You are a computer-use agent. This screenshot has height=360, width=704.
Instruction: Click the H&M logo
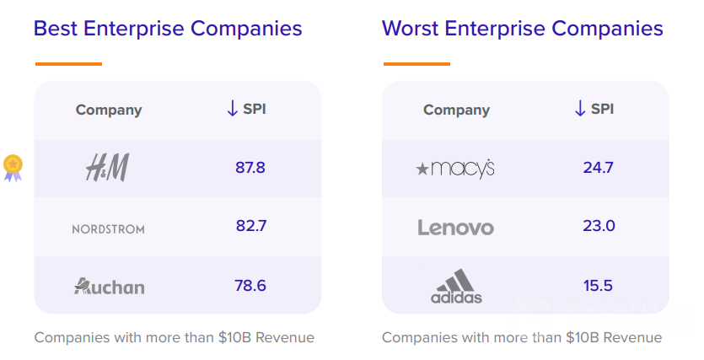[x=107, y=168]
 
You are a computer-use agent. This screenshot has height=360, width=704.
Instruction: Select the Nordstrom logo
[x=108, y=229]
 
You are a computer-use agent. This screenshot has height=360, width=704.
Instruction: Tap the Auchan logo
[x=109, y=286]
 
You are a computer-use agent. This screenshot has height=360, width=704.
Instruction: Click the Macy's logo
[x=455, y=169]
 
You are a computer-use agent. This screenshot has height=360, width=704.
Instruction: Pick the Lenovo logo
[x=456, y=228]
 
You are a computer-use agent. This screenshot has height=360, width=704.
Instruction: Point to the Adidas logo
[x=456, y=287]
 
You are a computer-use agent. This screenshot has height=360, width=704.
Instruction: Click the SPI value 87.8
[x=250, y=168]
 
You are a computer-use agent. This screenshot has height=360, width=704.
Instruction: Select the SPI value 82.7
[x=251, y=225]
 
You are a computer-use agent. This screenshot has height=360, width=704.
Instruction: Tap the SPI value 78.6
[x=250, y=286]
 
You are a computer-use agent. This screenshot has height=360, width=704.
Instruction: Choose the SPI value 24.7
[x=598, y=168]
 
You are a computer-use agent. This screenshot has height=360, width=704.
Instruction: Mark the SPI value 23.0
[x=599, y=225]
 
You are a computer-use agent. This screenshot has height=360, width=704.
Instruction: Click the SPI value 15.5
[x=598, y=286]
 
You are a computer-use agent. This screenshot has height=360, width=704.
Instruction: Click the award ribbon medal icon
[x=13, y=168]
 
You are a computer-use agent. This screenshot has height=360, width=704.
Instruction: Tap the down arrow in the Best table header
[x=232, y=109]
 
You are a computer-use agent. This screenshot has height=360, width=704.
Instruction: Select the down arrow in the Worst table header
[x=580, y=109]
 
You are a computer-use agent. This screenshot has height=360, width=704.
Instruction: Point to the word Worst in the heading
[x=410, y=29]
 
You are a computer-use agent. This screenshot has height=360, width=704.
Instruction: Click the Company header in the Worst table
[x=456, y=110]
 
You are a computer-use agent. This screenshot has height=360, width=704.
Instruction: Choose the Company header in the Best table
[x=109, y=110]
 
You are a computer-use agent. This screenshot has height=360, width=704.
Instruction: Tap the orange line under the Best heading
[x=68, y=64]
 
